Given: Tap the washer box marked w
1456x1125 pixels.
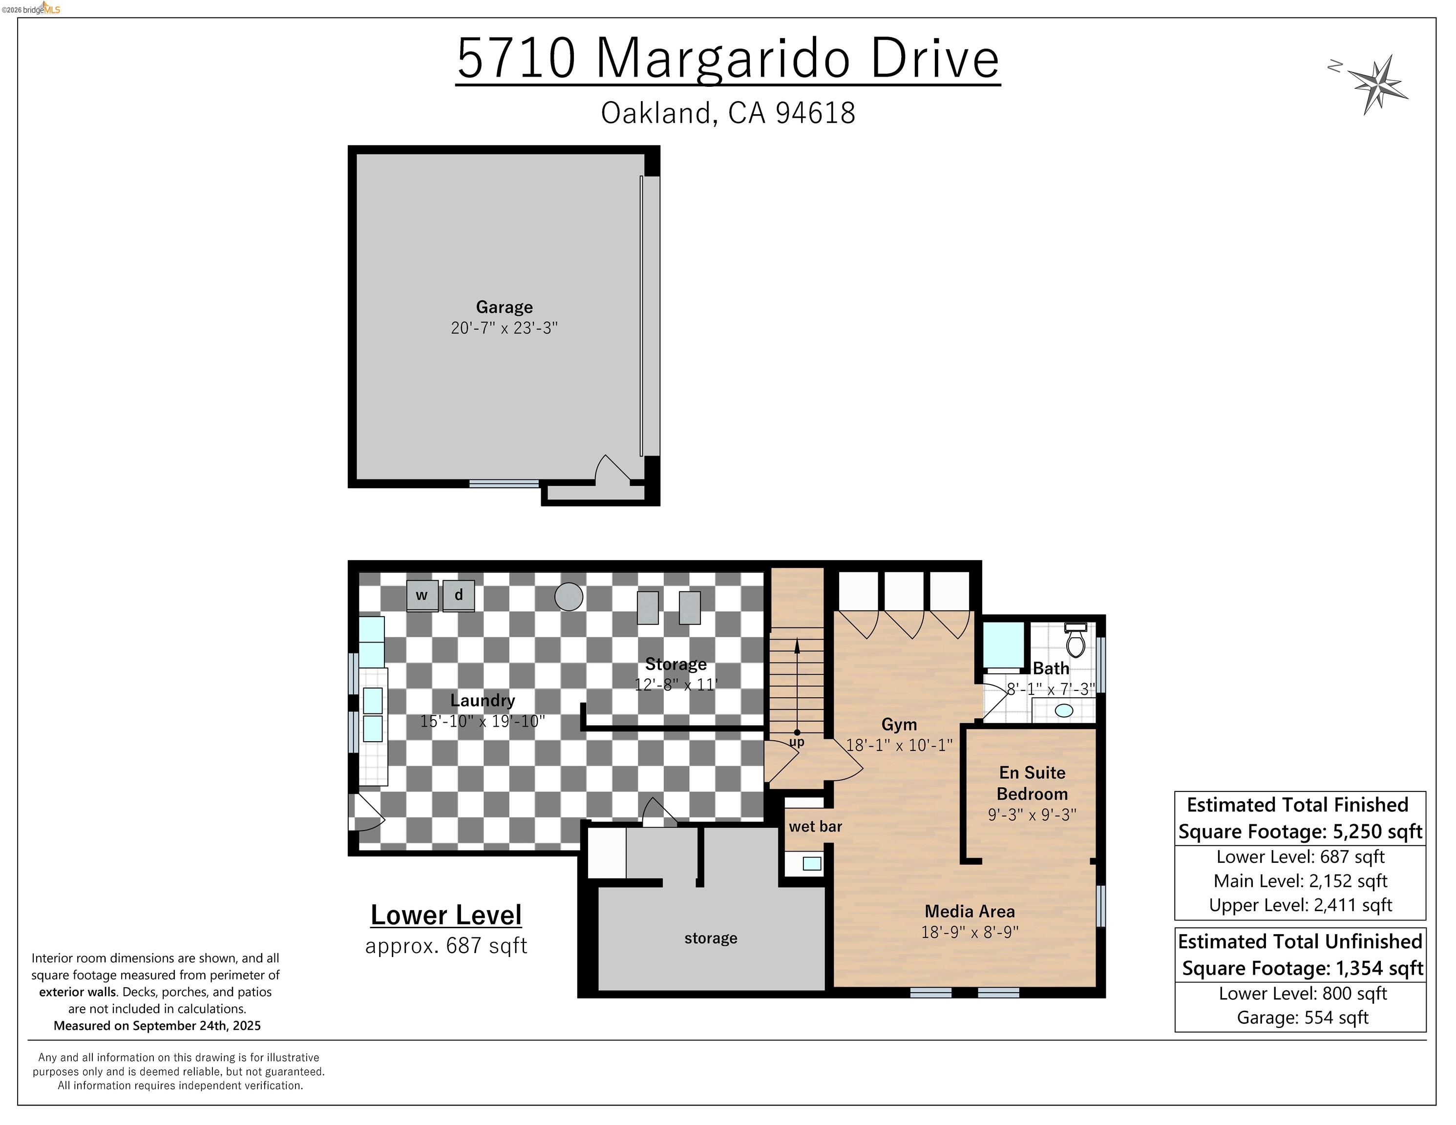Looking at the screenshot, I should [422, 595].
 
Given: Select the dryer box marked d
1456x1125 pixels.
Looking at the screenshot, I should [459, 595].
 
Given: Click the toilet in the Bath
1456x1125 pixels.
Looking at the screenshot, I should [1076, 641].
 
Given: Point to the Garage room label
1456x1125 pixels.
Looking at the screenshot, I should [504, 307].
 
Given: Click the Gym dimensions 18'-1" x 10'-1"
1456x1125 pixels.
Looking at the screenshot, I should [899, 745].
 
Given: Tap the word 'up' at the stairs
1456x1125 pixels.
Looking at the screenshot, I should [797, 742].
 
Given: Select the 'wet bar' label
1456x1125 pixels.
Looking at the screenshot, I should [815, 827].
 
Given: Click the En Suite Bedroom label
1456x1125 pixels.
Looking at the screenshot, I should [1032, 783].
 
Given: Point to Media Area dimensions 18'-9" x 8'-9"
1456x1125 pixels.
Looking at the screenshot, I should [970, 932].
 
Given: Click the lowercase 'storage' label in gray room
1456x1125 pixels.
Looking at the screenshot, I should [711, 938].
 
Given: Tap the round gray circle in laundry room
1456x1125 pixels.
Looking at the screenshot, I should [569, 597].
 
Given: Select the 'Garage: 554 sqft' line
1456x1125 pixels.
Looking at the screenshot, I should [1302, 1018].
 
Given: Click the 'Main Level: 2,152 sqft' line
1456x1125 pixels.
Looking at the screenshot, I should [1300, 881].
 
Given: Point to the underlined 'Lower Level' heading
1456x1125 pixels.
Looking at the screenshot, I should [446, 915].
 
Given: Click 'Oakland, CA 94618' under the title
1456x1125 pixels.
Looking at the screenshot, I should [727, 113].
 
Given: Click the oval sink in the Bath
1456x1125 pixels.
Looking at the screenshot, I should [1064, 710].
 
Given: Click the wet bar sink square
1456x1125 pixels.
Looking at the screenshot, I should [811, 864].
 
